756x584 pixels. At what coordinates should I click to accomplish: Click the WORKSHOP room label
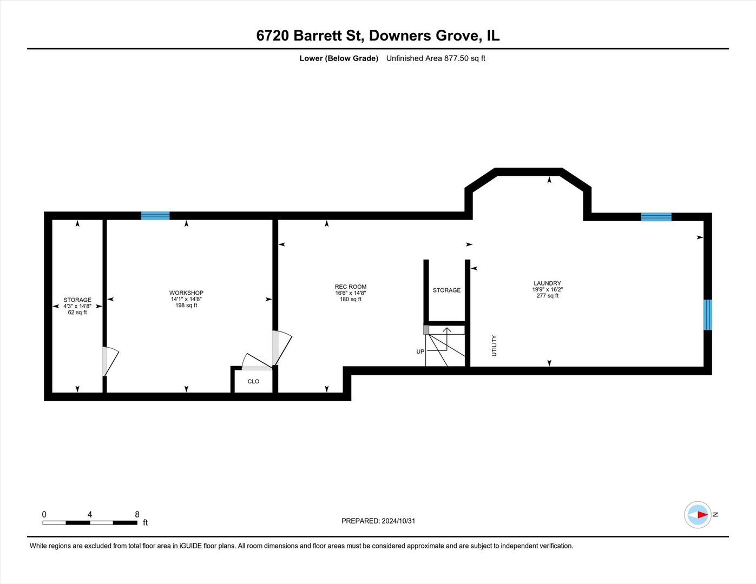pyautogui.click(x=186, y=293)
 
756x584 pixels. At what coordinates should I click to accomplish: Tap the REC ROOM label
pyautogui.click(x=350, y=287)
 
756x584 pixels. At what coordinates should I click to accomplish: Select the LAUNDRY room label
pyautogui.click(x=547, y=283)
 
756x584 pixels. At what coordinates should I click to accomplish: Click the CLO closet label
pyautogui.click(x=253, y=381)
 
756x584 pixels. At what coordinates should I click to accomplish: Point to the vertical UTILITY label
pyautogui.click(x=494, y=346)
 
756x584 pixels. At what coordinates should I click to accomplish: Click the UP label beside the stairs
pyautogui.click(x=420, y=351)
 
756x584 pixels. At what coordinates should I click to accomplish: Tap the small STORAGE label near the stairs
pyautogui.click(x=446, y=290)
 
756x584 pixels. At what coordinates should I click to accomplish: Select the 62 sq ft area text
pyautogui.click(x=77, y=313)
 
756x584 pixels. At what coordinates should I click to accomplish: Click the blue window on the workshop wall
pyautogui.click(x=155, y=216)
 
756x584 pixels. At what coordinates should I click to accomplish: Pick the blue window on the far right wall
pyautogui.click(x=707, y=315)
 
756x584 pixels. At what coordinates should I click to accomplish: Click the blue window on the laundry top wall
pyautogui.click(x=656, y=217)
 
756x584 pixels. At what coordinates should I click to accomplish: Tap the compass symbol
pyautogui.click(x=698, y=515)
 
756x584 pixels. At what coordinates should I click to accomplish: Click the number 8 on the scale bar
pyautogui.click(x=137, y=514)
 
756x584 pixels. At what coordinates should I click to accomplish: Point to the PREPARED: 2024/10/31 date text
pyautogui.click(x=378, y=521)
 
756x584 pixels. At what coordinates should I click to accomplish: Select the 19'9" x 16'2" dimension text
pyautogui.click(x=547, y=289)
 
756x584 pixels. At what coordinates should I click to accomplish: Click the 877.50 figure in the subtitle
pyautogui.click(x=456, y=58)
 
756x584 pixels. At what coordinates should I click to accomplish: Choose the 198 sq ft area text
pyautogui.click(x=186, y=306)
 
